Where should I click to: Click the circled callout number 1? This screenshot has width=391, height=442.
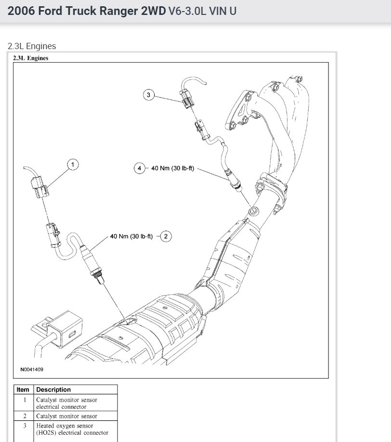tap(73, 165)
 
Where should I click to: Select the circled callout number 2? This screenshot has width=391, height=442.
tap(166, 236)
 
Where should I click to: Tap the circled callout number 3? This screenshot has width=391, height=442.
tap(148, 95)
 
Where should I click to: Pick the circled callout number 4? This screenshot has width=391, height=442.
tap(140, 168)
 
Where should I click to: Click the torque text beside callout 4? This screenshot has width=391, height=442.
tap(173, 168)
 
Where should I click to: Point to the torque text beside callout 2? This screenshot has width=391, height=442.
tap(131, 236)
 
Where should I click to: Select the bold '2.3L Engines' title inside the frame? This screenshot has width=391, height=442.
tap(31, 58)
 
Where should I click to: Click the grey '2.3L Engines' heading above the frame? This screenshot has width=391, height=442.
tap(32, 46)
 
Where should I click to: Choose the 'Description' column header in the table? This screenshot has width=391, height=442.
tap(53, 390)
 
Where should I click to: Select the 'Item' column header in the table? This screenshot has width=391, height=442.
tap(23, 390)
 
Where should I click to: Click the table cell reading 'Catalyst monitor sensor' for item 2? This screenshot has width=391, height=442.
tap(66, 416)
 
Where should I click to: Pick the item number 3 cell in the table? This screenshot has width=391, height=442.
tap(24, 426)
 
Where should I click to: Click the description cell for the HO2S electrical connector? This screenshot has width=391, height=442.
tap(72, 429)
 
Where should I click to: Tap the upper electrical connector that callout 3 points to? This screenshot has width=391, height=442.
tap(187, 98)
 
